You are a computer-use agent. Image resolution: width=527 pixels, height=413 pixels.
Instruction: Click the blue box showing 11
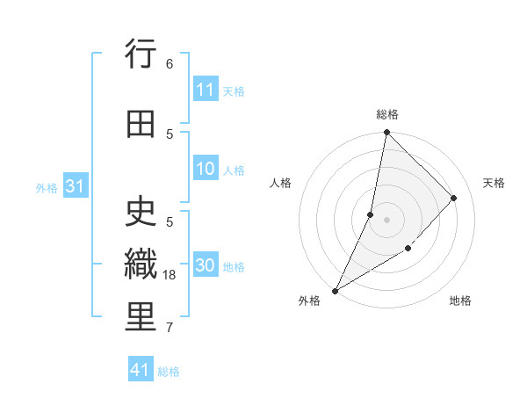206,90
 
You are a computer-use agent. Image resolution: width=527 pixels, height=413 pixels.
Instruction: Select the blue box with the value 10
206,169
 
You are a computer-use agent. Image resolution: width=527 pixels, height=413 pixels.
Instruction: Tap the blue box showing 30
206,266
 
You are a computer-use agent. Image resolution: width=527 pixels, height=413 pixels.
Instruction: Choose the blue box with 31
75,186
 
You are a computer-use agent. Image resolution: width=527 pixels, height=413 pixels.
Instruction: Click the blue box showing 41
141,370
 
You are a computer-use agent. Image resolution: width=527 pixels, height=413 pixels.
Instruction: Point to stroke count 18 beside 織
170,275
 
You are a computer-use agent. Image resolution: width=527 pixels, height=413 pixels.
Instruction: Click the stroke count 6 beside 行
170,63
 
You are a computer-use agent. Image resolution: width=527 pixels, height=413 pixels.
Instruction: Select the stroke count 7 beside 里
169,328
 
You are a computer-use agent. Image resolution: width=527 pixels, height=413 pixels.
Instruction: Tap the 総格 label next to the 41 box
169,372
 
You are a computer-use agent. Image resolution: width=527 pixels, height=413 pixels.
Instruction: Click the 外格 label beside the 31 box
46,187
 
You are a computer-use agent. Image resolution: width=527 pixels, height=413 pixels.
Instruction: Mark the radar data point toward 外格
335,291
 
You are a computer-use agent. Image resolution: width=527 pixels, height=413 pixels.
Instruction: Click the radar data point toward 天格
454,199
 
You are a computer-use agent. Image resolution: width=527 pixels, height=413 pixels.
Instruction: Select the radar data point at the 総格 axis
386,132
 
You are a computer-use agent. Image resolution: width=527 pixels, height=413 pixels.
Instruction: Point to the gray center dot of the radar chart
386,219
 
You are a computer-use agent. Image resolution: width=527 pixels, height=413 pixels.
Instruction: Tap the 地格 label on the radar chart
460,301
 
